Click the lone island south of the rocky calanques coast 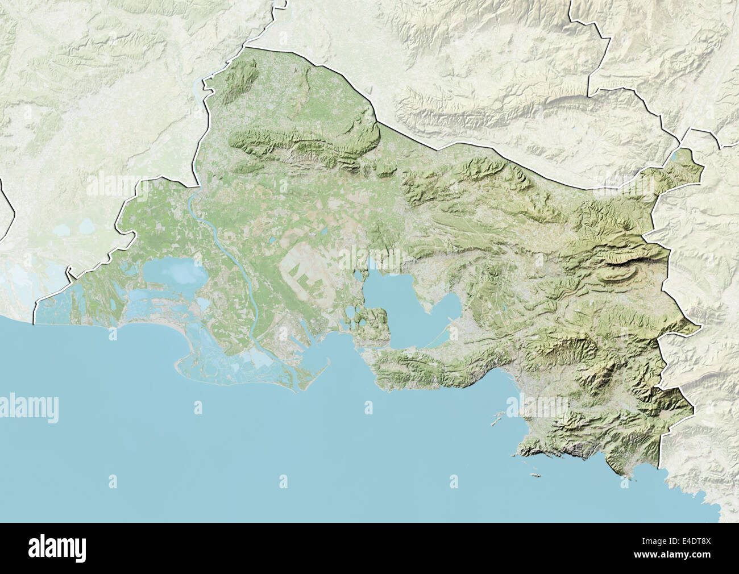tap(534, 473)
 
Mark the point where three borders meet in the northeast tap(685, 136)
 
